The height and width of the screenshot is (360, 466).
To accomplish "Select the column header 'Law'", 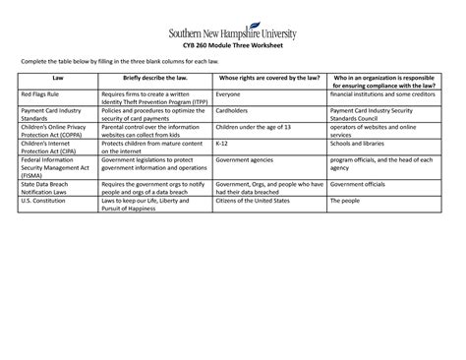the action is [59, 76].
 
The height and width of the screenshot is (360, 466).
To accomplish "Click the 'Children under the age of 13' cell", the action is [254, 127].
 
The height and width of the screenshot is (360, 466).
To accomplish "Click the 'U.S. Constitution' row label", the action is [43, 200].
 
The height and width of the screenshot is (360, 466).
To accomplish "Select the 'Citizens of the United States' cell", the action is [254, 200].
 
